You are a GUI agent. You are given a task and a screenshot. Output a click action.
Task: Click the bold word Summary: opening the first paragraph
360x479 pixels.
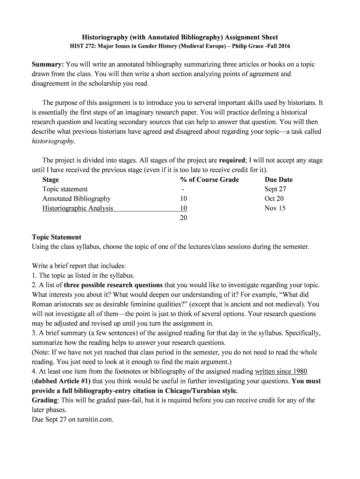(48, 65)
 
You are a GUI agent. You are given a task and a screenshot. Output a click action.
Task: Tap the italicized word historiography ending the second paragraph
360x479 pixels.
(53, 141)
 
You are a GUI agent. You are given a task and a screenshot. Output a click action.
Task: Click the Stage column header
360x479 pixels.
(50, 180)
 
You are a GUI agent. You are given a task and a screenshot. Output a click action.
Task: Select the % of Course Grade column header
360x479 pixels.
(209, 180)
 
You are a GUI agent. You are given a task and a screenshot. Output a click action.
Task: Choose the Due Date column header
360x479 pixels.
(278, 180)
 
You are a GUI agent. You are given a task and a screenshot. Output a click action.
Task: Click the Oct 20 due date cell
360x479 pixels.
(274, 199)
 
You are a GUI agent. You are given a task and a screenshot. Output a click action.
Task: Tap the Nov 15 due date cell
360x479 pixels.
(275, 208)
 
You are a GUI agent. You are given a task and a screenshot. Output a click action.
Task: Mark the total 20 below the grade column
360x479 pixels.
(183, 218)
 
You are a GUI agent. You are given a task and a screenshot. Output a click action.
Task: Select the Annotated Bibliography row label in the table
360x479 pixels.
(76, 199)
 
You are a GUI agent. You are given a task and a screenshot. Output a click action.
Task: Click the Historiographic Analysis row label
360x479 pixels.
(78, 208)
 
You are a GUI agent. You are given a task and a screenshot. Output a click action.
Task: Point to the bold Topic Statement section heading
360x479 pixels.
(56, 237)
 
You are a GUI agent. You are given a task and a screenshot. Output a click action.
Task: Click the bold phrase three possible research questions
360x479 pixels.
(113, 285)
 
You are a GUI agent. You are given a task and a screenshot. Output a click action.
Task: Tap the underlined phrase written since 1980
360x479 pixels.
(281, 371)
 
